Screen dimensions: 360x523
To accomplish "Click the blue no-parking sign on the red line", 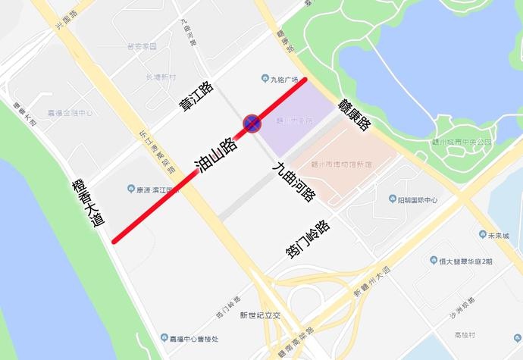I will tap(252, 123).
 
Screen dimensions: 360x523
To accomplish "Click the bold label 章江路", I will tap(196, 98).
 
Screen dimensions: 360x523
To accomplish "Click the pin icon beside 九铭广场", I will tap(265, 77).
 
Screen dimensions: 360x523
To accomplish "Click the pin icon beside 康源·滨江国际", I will tap(128, 189).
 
